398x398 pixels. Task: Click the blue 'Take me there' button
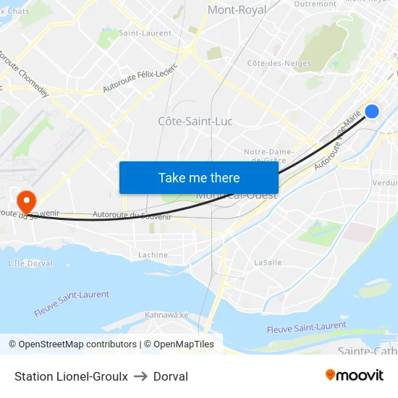199,177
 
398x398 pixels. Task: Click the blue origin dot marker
372,111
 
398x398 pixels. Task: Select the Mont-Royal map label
237,10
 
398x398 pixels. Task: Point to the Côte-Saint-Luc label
195,121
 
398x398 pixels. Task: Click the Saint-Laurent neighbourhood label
145,33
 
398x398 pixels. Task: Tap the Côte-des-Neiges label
279,64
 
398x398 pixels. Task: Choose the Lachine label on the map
153,255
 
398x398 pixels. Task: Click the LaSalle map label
268,263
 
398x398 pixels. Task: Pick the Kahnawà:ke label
166,315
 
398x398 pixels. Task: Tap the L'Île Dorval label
30,263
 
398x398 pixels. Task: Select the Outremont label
316,4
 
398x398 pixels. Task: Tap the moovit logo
354,375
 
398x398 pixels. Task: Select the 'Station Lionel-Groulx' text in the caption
71,376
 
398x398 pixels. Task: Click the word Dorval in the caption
171,376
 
